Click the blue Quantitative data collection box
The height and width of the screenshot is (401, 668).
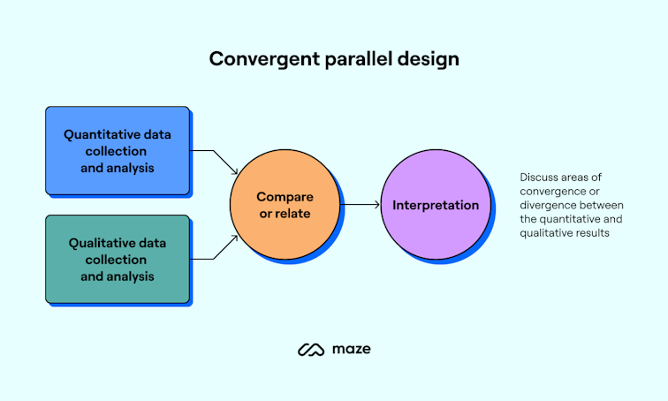click(x=118, y=150)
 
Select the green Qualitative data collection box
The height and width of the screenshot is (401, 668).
click(x=118, y=259)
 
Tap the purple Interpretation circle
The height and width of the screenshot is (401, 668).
click(x=436, y=205)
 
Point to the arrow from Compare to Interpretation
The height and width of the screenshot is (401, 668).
click(x=361, y=205)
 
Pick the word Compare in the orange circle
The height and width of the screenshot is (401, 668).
click(x=285, y=195)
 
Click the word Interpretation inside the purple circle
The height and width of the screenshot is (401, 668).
click(x=436, y=205)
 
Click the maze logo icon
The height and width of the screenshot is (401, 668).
click(x=311, y=350)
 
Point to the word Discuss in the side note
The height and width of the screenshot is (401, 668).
click(x=540, y=178)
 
